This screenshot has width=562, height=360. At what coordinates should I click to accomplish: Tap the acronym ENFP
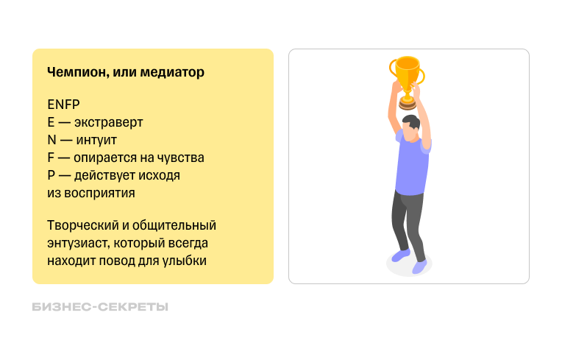pyautogui.click(x=63, y=105)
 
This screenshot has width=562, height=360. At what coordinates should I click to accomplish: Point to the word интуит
pyautogui.click(x=96, y=140)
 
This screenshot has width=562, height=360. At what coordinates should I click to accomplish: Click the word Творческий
pyautogui.click(x=79, y=225)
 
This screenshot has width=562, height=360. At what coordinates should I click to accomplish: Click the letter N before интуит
pyautogui.click(x=51, y=140)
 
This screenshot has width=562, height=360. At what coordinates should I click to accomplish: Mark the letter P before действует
pyautogui.click(x=51, y=175)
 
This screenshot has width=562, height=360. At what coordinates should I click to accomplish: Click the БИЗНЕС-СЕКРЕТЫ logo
pyautogui.click(x=100, y=307)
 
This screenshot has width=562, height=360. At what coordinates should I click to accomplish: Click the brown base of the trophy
pyautogui.click(x=407, y=104)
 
